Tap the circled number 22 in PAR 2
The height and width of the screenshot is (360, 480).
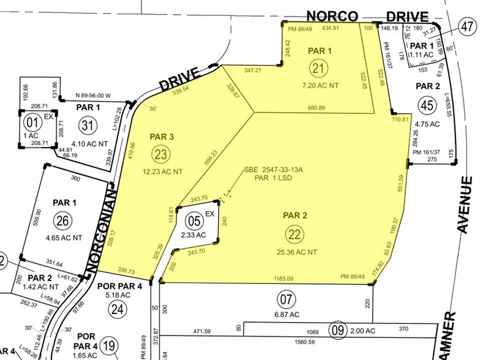(296, 233)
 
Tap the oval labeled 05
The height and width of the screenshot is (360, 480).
(194, 220)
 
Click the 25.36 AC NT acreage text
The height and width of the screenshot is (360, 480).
(296, 251)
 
